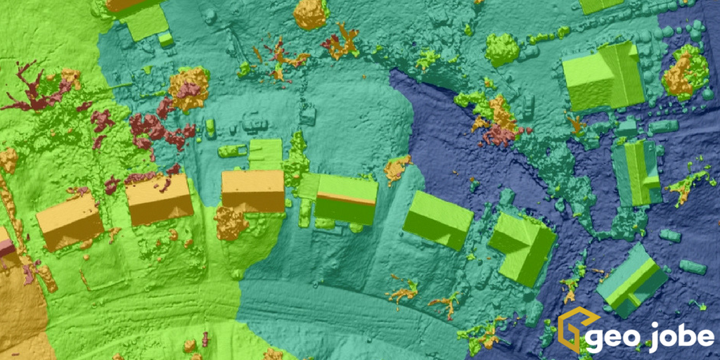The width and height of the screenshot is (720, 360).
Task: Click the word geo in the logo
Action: click(611, 337)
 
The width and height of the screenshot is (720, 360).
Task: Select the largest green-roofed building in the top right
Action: click(603, 76)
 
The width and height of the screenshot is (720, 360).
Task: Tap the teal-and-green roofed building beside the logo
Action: click(631, 280)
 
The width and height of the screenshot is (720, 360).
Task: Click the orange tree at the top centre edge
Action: click(310, 13)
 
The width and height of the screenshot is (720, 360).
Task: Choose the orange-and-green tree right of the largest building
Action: click(686, 72)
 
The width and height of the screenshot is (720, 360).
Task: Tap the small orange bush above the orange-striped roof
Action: click(397, 168)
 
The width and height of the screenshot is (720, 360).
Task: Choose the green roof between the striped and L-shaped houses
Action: click(437, 219)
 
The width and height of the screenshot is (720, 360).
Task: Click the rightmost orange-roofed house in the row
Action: click(253, 190)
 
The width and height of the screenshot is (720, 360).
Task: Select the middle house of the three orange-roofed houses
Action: click(159, 200)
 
